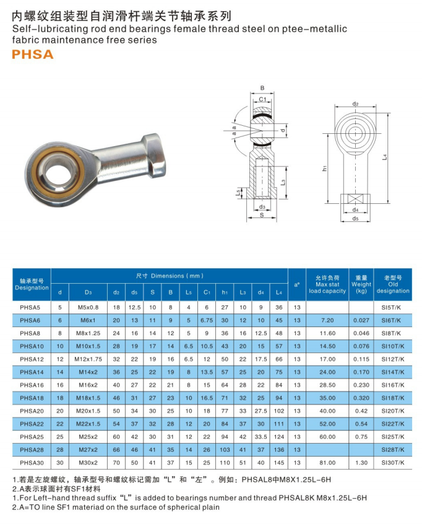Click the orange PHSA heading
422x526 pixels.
coord(33,55)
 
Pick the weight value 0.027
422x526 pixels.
coord(361,320)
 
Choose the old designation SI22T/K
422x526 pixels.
coord(392,424)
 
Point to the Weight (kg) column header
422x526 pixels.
coord(361,286)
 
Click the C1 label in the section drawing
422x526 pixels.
coord(262,99)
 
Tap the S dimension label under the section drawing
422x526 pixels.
coord(262,215)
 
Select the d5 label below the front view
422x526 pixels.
coord(355,218)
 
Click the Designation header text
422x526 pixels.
coord(32,288)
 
